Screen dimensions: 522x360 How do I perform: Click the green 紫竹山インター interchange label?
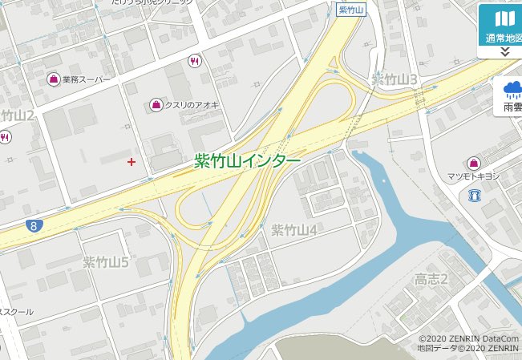[248, 161]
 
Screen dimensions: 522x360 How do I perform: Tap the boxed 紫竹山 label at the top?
[351, 10]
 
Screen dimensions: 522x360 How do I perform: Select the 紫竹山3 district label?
[395, 79]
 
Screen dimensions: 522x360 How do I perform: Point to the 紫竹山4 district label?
[294, 230]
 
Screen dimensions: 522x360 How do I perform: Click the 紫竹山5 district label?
[106, 262]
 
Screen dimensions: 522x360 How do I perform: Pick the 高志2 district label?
[431, 279]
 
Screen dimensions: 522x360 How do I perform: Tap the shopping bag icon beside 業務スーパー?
[54, 79]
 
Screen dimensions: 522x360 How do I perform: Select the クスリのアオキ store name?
[192, 105]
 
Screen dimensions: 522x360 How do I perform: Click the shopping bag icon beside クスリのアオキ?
[156, 105]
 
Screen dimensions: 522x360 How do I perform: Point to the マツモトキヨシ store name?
[473, 176]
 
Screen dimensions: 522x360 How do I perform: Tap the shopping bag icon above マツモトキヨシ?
[474, 163]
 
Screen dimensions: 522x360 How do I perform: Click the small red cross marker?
[132, 162]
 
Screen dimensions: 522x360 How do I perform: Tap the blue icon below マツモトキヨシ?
[474, 195]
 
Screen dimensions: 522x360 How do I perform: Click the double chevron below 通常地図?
[504, 51]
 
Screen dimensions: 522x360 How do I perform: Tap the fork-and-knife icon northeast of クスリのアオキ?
[194, 60]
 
